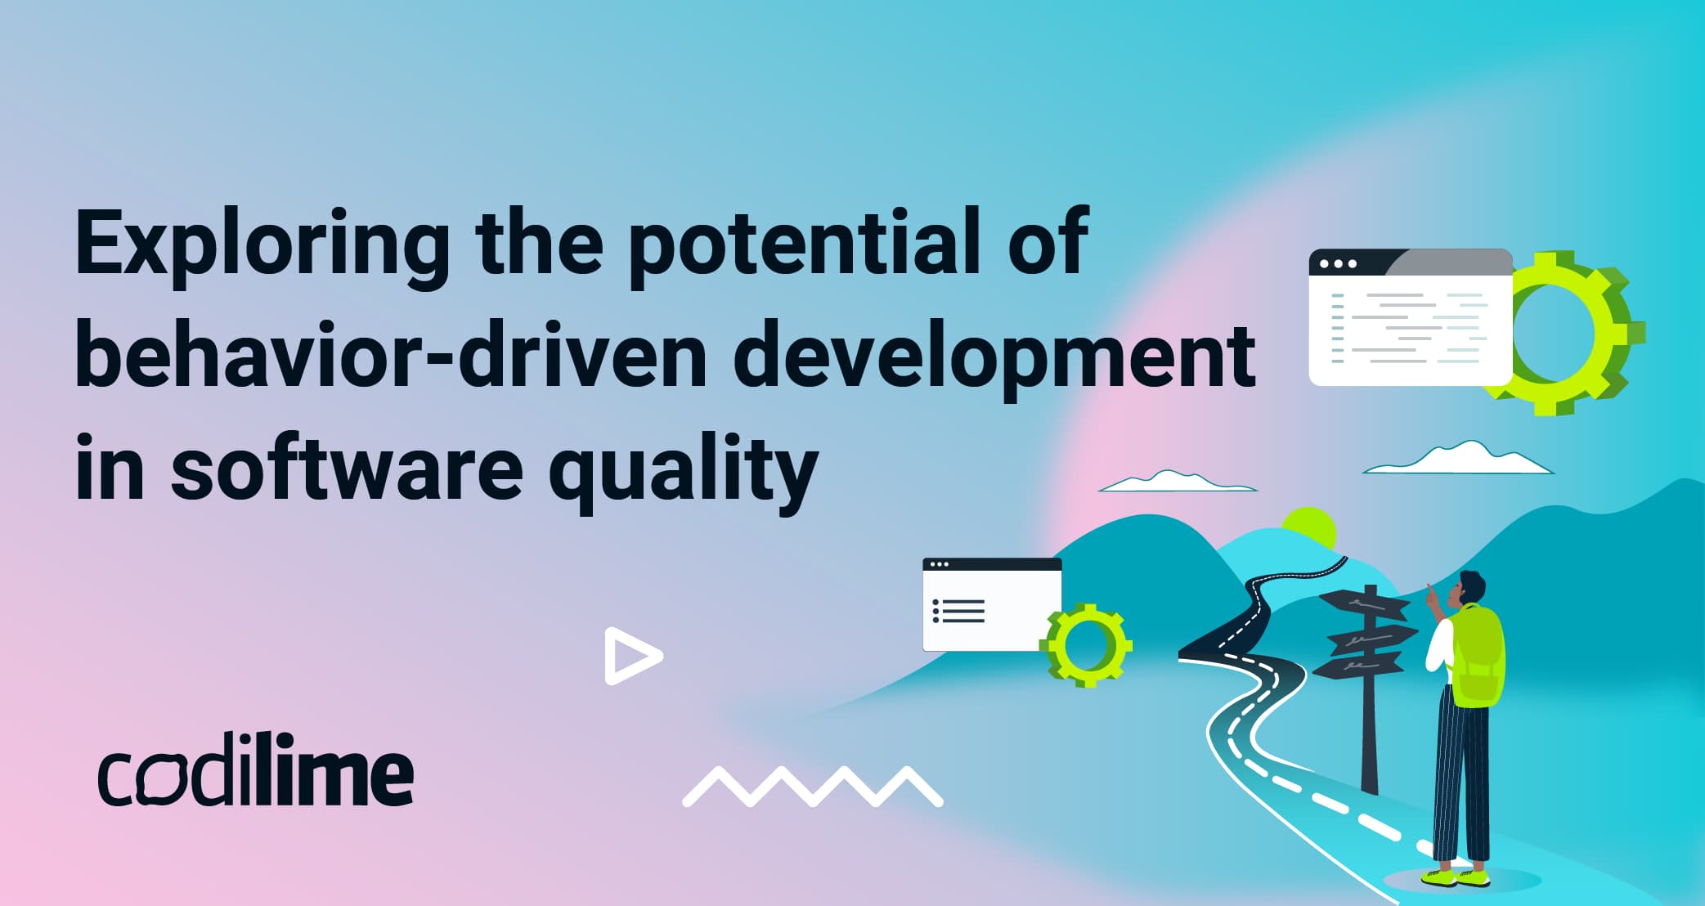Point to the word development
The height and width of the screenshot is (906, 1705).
pos(993,357)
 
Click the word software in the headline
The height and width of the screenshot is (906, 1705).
pos(347,469)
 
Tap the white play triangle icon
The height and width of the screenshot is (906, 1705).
pos(630,656)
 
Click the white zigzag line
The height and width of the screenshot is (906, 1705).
pos(812,786)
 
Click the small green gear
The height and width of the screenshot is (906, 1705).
pos(1087,645)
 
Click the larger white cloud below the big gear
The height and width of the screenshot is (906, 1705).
pos(1460,460)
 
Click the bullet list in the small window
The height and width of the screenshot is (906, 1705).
pos(958,611)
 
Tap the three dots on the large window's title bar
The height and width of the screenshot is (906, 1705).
pos(1338,264)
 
